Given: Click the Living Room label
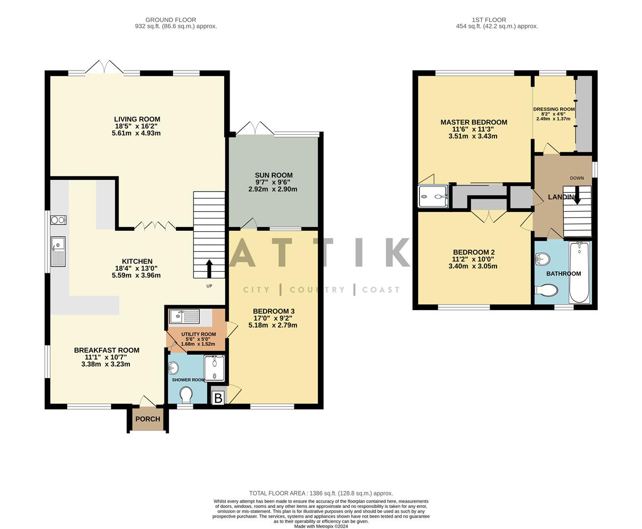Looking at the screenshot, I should [137, 119].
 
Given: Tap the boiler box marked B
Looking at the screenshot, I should [218, 398].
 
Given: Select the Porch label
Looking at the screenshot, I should [147, 419].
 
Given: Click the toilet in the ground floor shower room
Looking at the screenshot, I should [186, 393].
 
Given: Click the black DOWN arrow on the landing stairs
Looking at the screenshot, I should [577, 197].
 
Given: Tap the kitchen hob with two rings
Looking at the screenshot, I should [58, 220].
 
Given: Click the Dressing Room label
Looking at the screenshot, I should [554, 109].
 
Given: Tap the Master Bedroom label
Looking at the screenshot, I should [474, 122].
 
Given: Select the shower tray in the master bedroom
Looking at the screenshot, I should [433, 196].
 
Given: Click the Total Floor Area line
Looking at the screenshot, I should [321, 493].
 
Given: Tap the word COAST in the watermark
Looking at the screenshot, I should [381, 289].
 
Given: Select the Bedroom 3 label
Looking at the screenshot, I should [273, 311].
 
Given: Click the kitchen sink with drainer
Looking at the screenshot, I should [58, 251].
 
